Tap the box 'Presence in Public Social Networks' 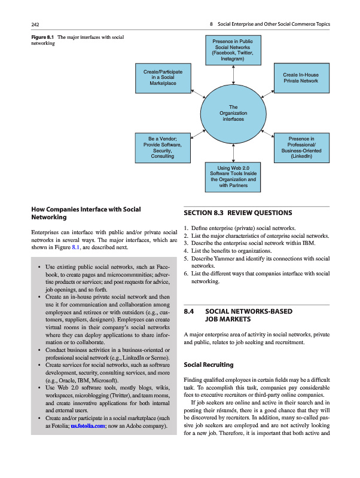click(x=233, y=51)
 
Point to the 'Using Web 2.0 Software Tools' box click(x=233, y=176)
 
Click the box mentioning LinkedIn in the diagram click(x=301, y=149)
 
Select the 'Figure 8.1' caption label click(x=42, y=38)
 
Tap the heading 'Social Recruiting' click(x=209, y=364)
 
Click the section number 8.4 click(x=190, y=311)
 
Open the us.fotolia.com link click(x=89, y=427)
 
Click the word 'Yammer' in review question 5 click(x=228, y=259)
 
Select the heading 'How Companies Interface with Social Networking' click(x=86, y=214)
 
